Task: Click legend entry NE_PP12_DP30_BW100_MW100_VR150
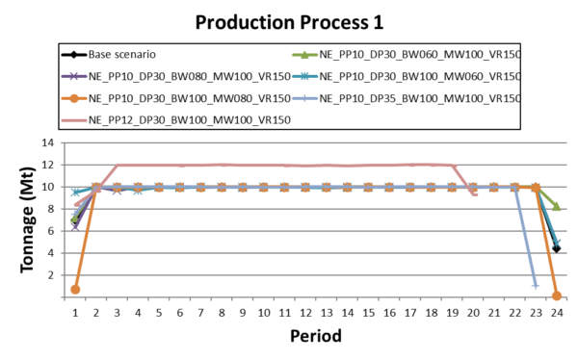[189, 119]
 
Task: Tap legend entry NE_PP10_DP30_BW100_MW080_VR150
[189, 97]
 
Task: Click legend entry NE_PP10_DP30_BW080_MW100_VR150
[189, 75]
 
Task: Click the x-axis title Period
[314, 338]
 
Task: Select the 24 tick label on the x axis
[557, 313]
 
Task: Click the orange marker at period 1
[75, 289]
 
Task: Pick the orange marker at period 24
[557, 296]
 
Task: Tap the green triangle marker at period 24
[557, 206]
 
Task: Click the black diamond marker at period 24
[557, 248]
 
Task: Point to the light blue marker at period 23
[536, 286]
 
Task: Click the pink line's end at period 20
[474, 194]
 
